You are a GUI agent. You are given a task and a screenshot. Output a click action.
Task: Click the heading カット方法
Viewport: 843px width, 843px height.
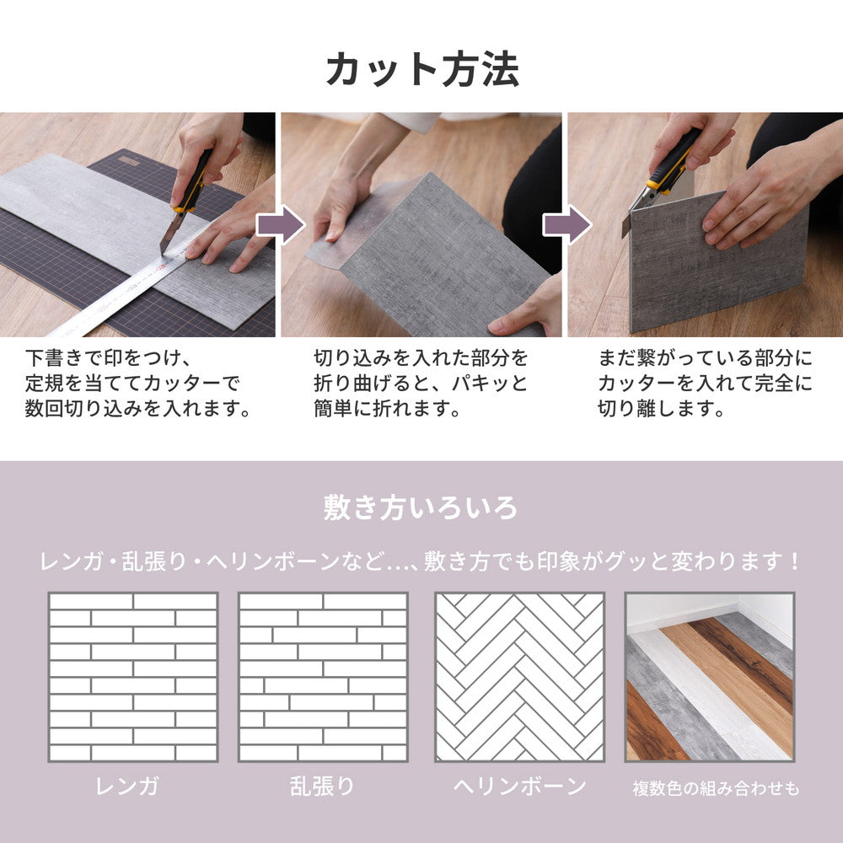tap(421, 69)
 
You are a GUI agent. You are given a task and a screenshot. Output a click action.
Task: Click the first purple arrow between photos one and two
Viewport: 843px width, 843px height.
tap(279, 225)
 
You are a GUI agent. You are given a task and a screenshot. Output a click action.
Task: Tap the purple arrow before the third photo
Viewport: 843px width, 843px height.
tap(565, 225)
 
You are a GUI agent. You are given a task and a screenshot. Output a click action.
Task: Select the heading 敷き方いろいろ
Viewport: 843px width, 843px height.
tap(421, 507)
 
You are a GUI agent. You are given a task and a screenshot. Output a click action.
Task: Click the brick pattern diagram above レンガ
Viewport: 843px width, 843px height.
tap(133, 677)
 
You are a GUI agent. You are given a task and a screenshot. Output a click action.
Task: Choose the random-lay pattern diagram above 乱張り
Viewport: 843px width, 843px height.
tap(323, 677)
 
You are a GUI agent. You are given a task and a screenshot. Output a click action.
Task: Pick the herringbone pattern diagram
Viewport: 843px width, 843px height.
tap(519, 677)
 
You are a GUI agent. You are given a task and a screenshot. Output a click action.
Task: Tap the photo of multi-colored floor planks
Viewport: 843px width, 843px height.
tap(709, 677)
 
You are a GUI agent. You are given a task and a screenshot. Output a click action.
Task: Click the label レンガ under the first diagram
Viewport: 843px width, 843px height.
tap(127, 787)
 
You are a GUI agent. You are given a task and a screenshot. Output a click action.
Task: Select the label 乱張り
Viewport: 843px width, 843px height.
tap(322, 787)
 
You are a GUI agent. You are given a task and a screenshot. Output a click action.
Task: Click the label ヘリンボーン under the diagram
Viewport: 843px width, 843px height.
tap(519, 787)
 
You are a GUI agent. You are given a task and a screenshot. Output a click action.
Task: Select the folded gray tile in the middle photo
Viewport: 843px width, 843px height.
tap(438, 253)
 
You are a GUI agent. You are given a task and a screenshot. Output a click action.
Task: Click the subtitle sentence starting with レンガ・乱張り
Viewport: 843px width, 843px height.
tap(421, 561)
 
